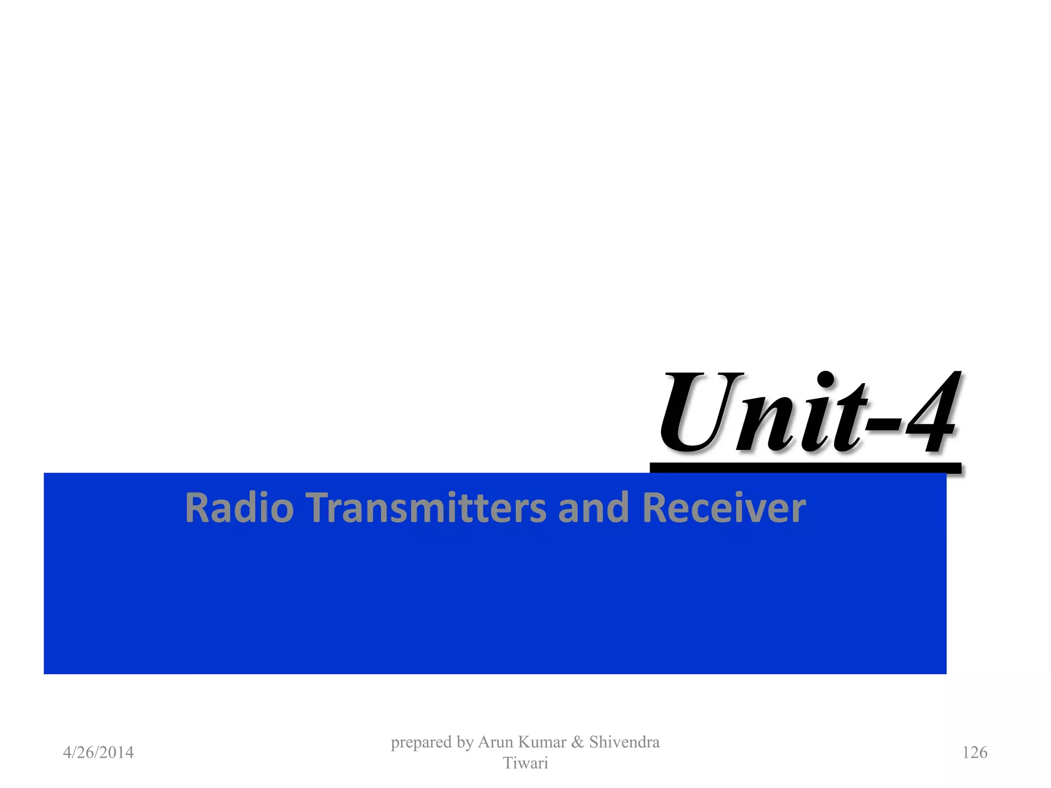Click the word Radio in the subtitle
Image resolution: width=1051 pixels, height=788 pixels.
click(x=239, y=507)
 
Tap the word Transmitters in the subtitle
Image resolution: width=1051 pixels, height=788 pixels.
click(x=427, y=507)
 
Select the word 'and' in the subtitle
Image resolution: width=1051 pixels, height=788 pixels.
click(x=593, y=507)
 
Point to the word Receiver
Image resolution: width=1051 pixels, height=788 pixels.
click(x=724, y=507)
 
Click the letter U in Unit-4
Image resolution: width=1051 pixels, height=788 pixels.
click(x=700, y=413)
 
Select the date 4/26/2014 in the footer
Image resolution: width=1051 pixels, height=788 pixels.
click(x=98, y=753)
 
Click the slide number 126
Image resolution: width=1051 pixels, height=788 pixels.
click(x=975, y=753)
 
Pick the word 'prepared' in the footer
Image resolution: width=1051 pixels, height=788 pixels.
click(x=421, y=742)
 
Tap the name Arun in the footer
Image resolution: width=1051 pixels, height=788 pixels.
click(x=496, y=742)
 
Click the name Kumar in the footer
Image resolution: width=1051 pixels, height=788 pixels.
click(x=542, y=742)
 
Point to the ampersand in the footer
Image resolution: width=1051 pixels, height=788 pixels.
click(x=577, y=742)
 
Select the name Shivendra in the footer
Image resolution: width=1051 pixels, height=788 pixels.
click(x=624, y=742)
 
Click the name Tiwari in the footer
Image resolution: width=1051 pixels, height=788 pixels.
click(x=525, y=763)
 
